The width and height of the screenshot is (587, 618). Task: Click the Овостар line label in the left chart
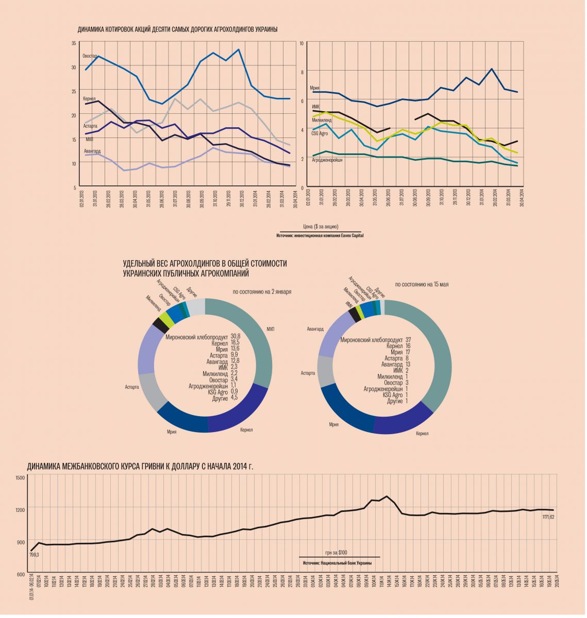pyautogui.click(x=90, y=56)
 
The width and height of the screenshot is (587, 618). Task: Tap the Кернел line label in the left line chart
pyautogui.click(x=89, y=98)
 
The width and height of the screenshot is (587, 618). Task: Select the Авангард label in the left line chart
pyautogui.click(x=92, y=151)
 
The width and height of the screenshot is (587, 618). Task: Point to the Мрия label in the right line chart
pyautogui.click(x=315, y=88)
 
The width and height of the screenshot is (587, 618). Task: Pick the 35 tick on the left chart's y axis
pyautogui.click(x=74, y=43)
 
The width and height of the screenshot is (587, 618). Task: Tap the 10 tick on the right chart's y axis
pyautogui.click(x=301, y=43)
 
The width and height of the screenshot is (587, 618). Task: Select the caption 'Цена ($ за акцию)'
pyautogui.click(x=321, y=227)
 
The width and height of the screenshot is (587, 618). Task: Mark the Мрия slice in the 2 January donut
pyautogui.click(x=181, y=420)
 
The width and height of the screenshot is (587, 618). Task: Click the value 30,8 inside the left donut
pyautogui.click(x=236, y=336)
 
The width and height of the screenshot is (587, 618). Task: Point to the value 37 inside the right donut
pyautogui.click(x=408, y=340)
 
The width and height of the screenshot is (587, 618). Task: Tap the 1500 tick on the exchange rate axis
pyautogui.click(x=20, y=478)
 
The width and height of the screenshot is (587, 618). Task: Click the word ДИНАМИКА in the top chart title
pyautogui.click(x=91, y=29)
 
